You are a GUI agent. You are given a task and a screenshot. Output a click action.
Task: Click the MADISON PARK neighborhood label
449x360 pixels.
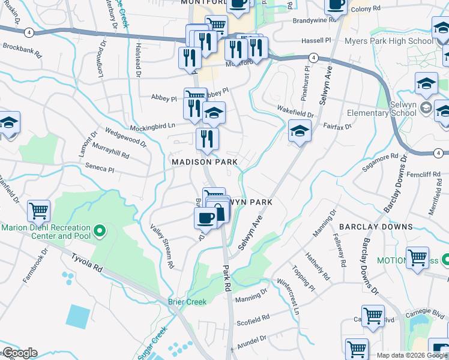205,162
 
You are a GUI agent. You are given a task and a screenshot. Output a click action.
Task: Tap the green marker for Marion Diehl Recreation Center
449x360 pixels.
100,230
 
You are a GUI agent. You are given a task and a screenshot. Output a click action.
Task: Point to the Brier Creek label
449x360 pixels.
186,301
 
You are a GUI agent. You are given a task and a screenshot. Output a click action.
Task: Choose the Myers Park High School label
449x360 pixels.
388,41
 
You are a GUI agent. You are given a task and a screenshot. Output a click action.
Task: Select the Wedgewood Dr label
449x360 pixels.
125,137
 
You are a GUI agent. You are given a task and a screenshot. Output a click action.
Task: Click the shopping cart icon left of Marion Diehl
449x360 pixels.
39,211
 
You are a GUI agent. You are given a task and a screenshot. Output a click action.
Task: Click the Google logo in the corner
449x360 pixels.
19,353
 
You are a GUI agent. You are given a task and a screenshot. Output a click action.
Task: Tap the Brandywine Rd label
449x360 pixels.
312,20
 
